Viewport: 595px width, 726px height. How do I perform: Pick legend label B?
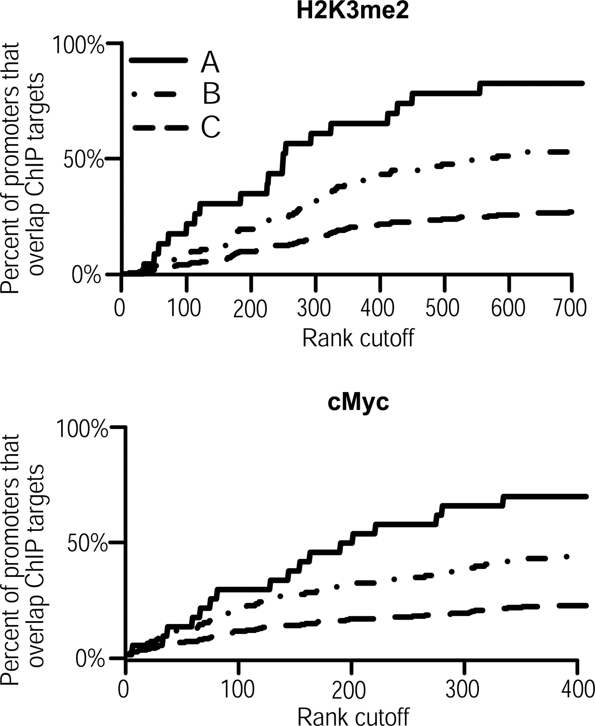click(x=211, y=94)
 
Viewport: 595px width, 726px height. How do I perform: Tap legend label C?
click(x=210, y=127)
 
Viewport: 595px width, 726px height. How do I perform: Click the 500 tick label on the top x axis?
click(x=443, y=308)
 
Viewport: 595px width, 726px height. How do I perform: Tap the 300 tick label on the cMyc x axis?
click(x=463, y=690)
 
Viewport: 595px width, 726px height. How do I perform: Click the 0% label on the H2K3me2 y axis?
click(x=86, y=276)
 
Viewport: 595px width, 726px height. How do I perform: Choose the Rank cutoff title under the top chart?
click(x=358, y=338)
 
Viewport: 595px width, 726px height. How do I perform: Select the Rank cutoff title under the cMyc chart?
click(x=353, y=716)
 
